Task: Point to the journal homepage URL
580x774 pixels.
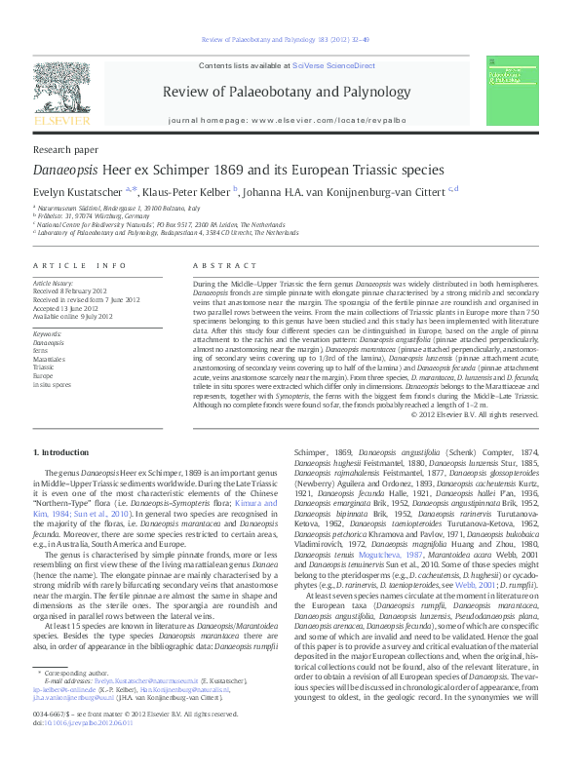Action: click(x=320, y=119)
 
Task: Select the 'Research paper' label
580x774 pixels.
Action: click(x=65, y=151)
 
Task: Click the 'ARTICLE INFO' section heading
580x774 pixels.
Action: click(x=79, y=265)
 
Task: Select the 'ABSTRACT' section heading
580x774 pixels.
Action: click(x=217, y=265)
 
